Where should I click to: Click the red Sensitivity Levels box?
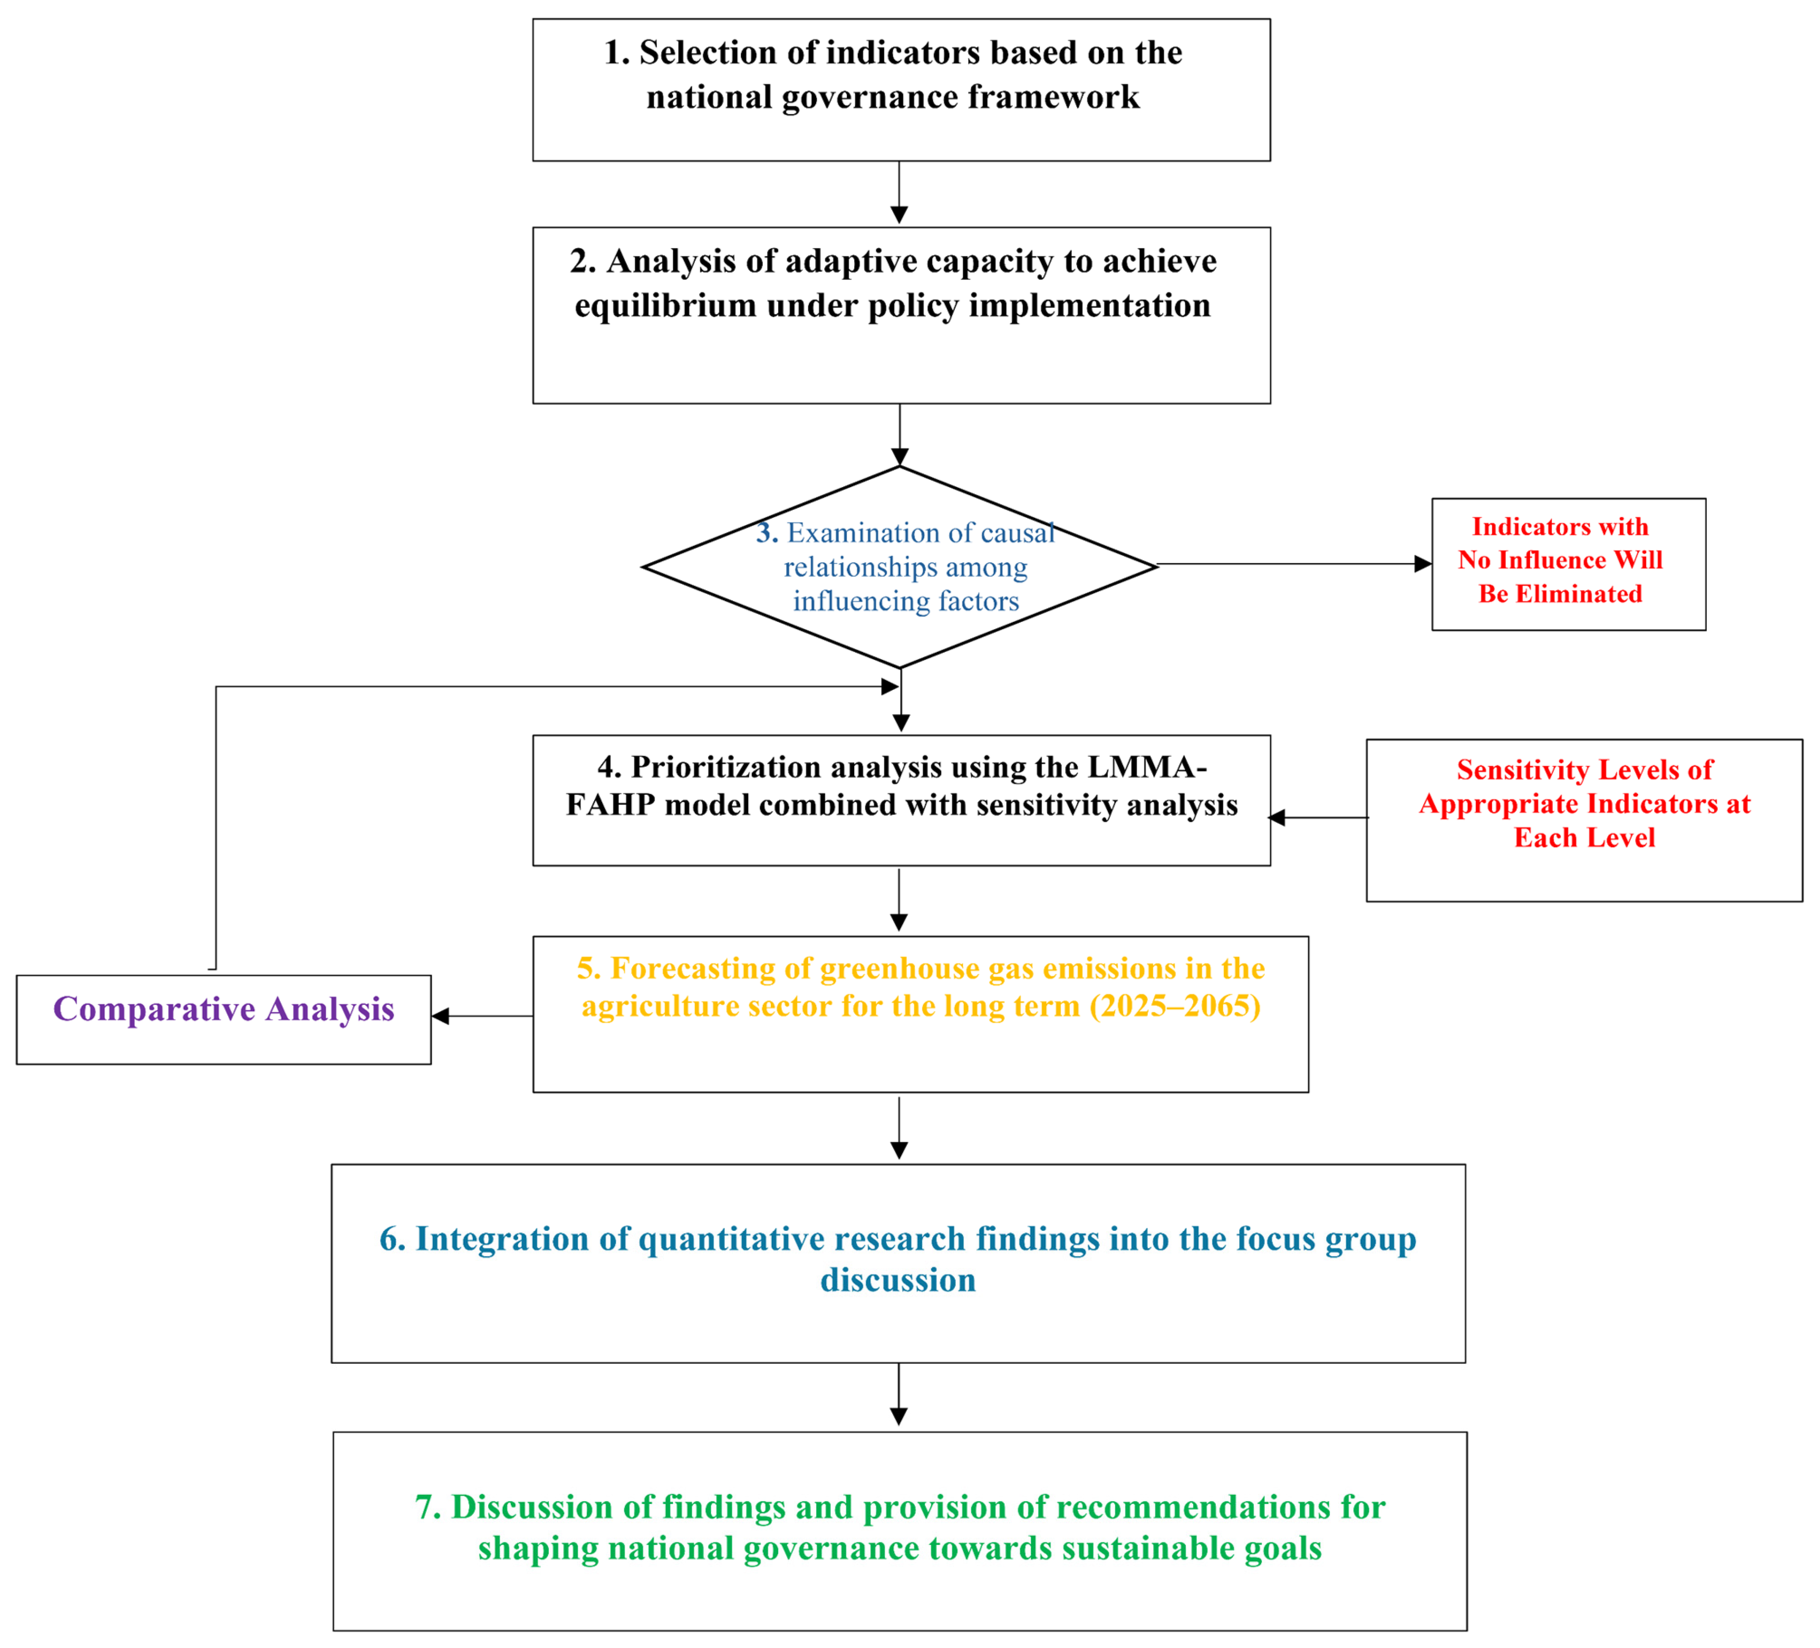pos(1584,820)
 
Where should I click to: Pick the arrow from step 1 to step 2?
pos(899,192)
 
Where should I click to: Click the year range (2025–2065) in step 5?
pos(1174,1006)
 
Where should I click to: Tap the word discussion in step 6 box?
pos(897,1280)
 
